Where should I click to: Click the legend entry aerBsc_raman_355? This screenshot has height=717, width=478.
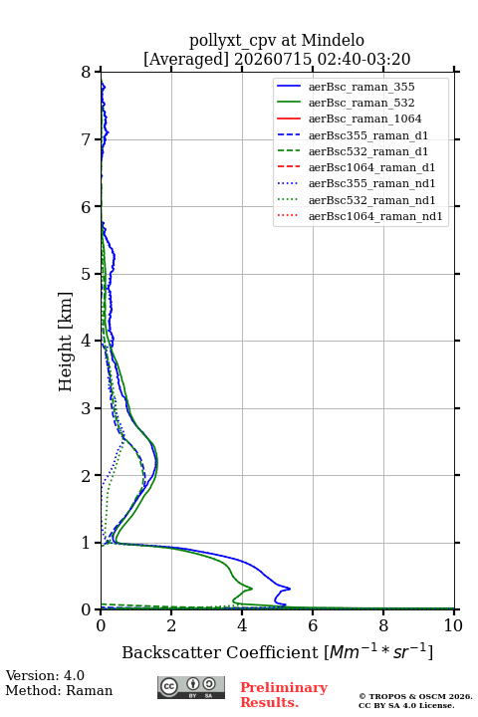[x=361, y=87]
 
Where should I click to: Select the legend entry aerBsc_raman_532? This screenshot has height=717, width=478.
[x=361, y=103]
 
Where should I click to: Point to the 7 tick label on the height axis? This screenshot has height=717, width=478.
[x=86, y=139]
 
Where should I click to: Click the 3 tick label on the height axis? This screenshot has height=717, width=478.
[x=86, y=408]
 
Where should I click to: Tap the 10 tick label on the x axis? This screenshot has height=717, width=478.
[x=453, y=625]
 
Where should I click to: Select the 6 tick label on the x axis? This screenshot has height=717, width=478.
[x=313, y=625]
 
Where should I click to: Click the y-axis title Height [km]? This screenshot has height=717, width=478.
[x=66, y=342]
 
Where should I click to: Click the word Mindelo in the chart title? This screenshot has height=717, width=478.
[x=333, y=40]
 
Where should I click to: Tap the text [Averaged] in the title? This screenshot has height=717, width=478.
[x=186, y=59]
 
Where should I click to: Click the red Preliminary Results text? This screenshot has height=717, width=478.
[x=284, y=695]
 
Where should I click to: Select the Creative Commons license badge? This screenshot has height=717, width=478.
[x=191, y=687]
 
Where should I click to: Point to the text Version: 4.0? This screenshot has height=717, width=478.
[x=45, y=675]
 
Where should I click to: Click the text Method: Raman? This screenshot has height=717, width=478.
[x=59, y=690]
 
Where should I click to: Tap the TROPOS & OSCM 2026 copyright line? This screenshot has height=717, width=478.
[x=415, y=696]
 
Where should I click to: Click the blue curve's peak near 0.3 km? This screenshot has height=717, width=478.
[x=290, y=589]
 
